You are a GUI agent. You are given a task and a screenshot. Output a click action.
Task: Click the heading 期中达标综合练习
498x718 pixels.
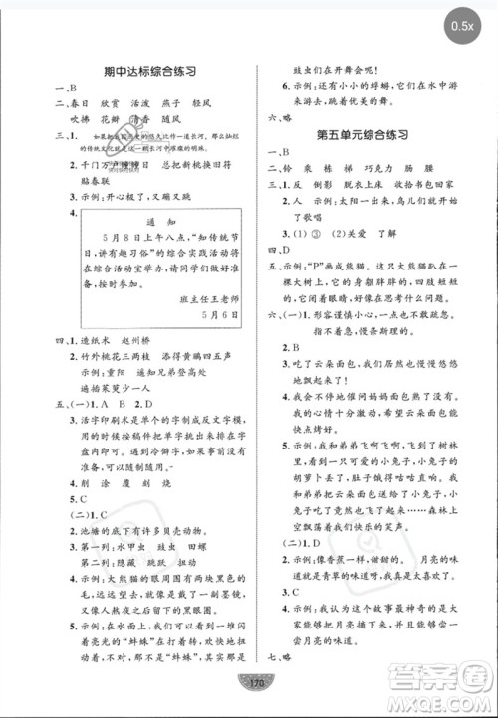pyautogui.click(x=134, y=71)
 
